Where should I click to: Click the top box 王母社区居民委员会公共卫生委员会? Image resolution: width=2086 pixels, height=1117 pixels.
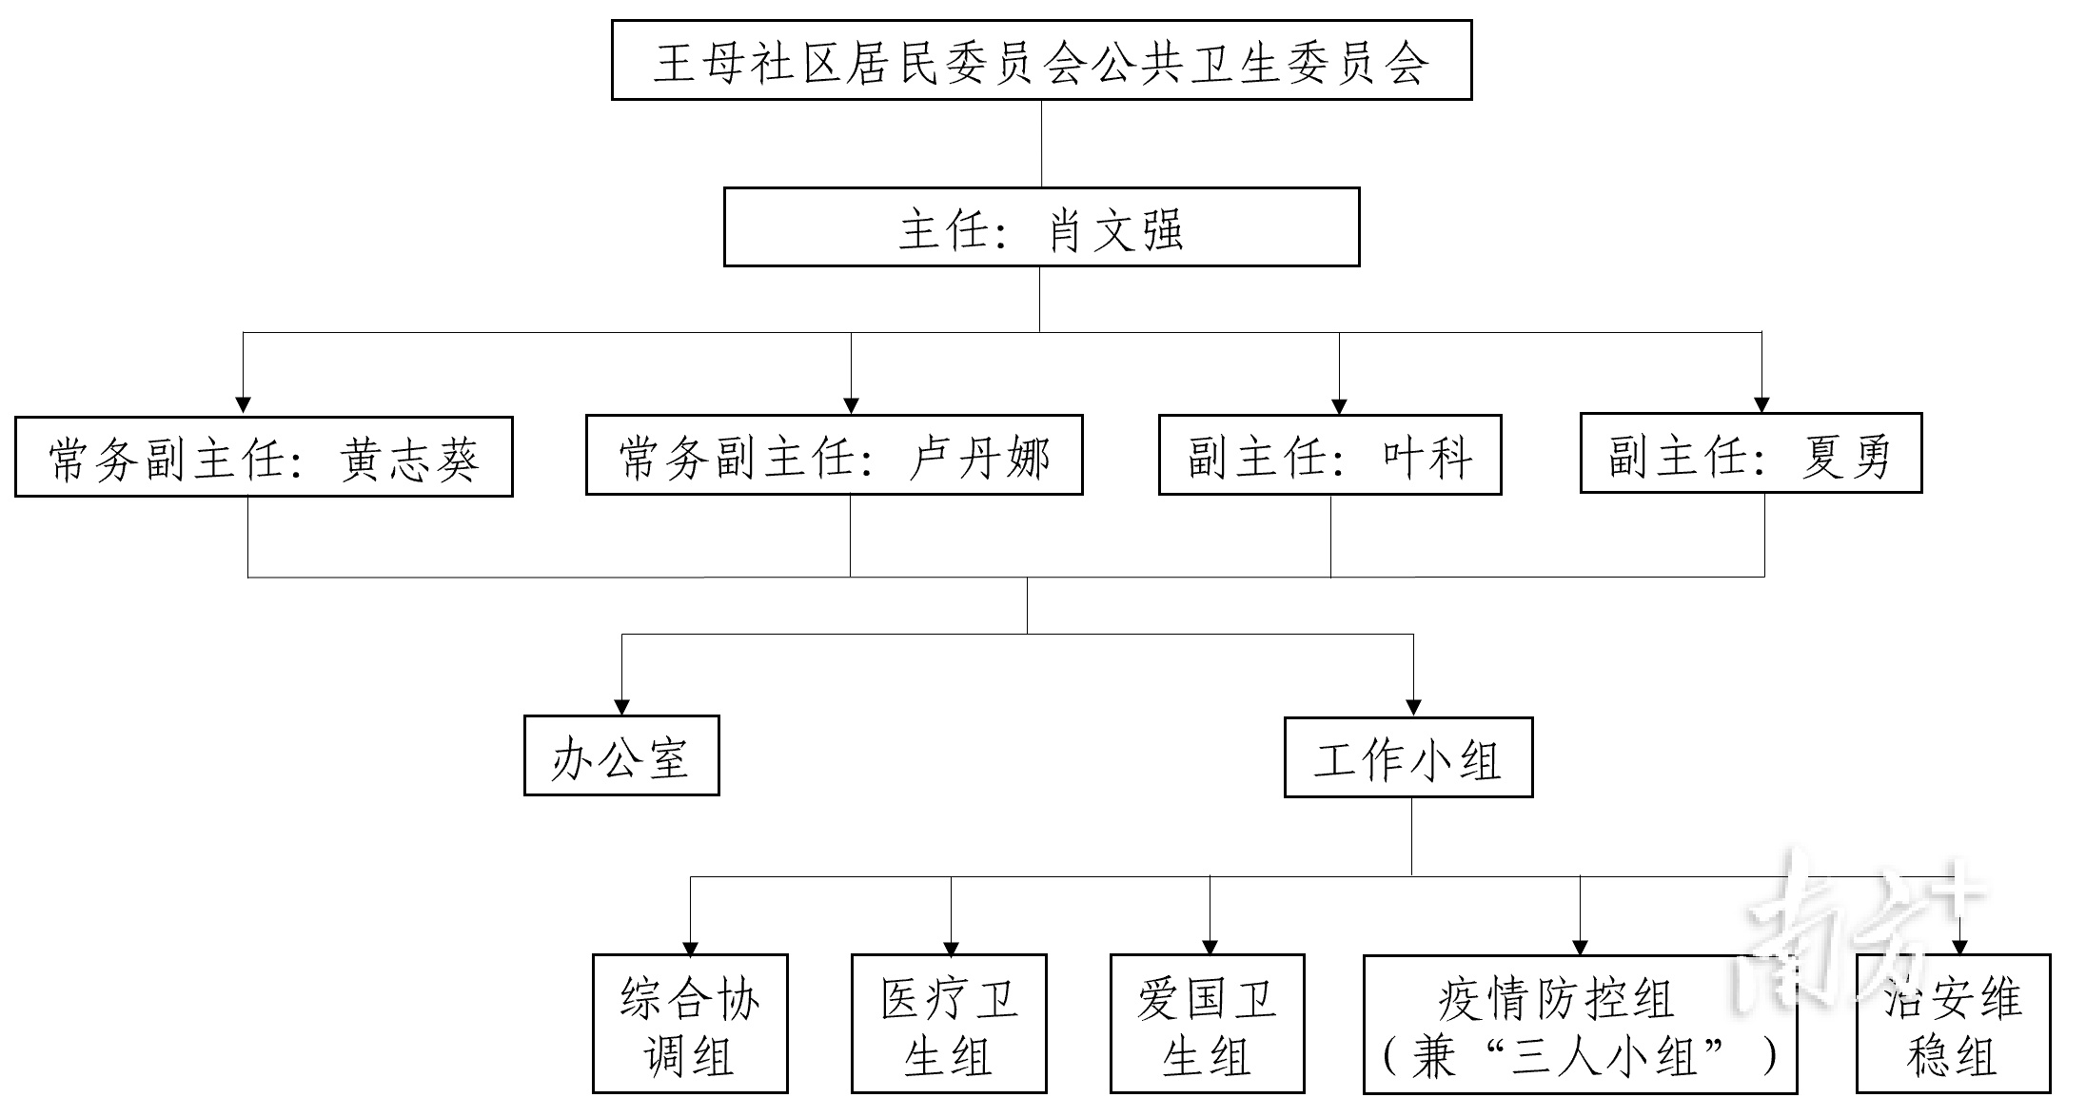tap(1041, 60)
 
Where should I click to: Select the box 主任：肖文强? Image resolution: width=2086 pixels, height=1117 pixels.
tap(1041, 227)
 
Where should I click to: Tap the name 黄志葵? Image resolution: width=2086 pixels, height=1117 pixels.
tap(409, 459)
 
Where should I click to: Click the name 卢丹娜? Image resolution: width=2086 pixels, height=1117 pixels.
tap(980, 458)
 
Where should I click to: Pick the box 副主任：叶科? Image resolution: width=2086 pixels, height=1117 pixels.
tap(1329, 456)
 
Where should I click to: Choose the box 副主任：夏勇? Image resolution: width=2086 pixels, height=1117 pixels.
tap(1750, 454)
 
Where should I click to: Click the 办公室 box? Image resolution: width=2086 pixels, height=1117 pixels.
tap(621, 756)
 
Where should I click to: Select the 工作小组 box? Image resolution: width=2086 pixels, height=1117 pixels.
tap(1407, 757)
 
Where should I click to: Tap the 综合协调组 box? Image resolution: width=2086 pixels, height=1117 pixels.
tap(690, 1025)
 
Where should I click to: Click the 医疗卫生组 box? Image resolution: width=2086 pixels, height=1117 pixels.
tap(949, 1025)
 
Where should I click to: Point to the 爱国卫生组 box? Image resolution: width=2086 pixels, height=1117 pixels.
tap(1207, 1025)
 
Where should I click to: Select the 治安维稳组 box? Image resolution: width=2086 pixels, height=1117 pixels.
tap(1953, 1025)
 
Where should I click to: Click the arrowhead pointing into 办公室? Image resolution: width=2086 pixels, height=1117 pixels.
tap(621, 707)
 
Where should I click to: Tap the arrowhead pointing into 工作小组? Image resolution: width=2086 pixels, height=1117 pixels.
tap(1413, 708)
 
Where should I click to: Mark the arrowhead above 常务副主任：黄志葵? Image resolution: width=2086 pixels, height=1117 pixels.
tap(243, 406)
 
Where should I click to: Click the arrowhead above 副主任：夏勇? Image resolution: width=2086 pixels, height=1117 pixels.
tap(1761, 405)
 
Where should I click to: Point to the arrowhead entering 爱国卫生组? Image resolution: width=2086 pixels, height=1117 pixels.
tap(1210, 948)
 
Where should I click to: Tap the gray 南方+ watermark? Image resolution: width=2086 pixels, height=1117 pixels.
tap(1856, 928)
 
